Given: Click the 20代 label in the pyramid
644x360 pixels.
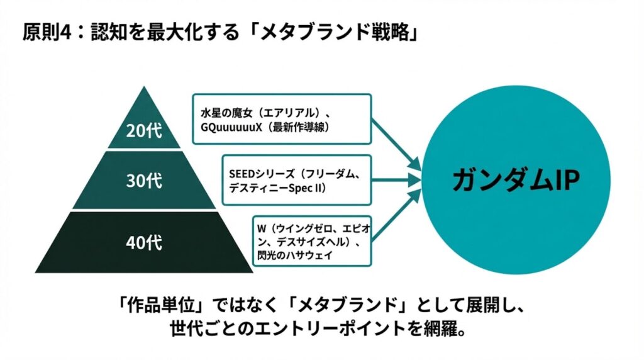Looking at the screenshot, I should point(145,132).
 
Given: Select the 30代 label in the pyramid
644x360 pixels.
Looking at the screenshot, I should point(145,181).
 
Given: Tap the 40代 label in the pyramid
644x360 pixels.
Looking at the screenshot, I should point(145,240).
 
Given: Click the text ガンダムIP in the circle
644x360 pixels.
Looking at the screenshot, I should point(516,181).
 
